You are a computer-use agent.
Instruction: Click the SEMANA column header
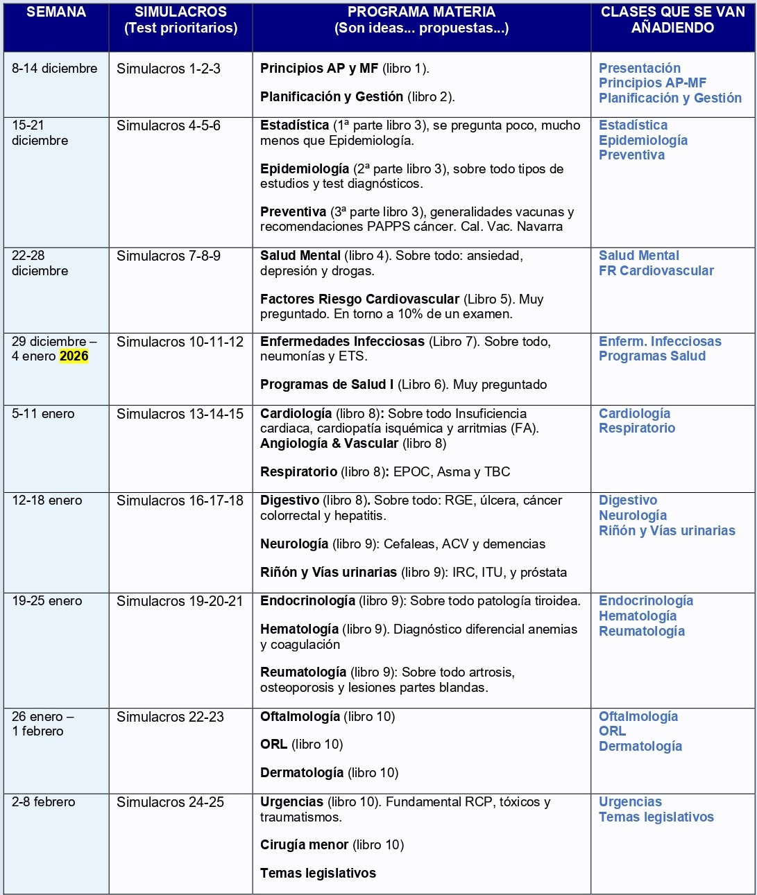56,12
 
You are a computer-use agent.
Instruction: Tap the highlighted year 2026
74,356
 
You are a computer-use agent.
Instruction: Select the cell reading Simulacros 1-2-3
169,69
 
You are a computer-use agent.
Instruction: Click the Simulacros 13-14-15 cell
180,414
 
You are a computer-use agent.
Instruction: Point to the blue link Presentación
640,68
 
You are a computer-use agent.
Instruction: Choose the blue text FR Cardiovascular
656,270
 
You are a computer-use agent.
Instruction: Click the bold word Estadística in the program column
294,125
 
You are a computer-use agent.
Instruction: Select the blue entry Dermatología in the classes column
640,746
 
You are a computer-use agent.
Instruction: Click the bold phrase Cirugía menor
304,844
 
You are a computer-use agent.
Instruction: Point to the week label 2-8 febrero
43,802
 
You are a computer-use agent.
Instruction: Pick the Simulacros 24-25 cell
170,802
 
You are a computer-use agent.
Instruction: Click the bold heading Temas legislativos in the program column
318,873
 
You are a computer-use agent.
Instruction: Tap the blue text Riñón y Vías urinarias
667,530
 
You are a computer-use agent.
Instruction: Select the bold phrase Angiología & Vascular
329,443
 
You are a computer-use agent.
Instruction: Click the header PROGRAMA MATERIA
421,12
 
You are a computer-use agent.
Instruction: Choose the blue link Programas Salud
652,356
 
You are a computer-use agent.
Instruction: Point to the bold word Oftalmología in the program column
300,716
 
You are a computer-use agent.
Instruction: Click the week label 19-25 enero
46,601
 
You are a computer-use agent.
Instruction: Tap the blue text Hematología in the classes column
638,616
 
